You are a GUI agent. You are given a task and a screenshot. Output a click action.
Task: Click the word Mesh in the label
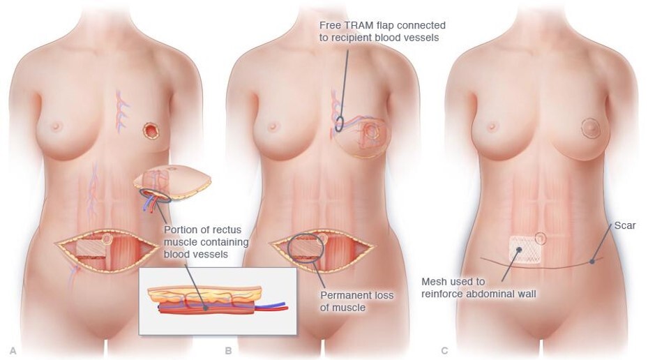[x=434, y=282]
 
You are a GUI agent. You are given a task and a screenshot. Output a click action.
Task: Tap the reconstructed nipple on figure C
[x=590, y=128]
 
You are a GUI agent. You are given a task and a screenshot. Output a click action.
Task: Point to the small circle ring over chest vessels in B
[x=338, y=126]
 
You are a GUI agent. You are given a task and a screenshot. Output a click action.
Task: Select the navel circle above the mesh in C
[x=541, y=238]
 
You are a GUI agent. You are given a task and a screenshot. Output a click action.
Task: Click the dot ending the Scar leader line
[x=592, y=262]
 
